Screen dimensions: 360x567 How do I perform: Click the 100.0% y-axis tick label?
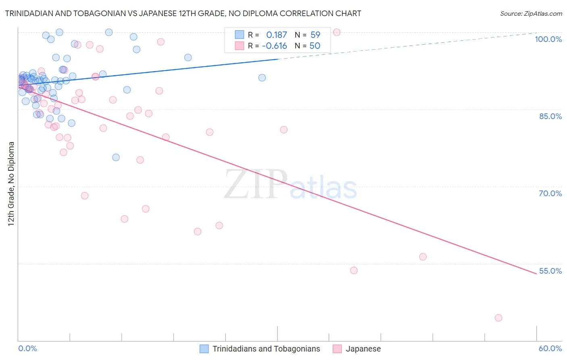548,39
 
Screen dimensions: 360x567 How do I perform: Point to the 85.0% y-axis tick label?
550,116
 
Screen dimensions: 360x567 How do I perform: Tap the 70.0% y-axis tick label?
550,193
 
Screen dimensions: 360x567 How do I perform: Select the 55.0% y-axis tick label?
550,271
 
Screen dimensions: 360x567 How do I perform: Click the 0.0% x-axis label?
27,348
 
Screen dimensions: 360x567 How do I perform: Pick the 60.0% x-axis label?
550,348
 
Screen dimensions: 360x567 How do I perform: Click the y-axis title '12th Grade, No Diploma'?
11,184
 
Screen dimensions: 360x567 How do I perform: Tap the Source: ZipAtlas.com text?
531,14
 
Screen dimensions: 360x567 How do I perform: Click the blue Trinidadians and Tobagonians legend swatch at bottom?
204,349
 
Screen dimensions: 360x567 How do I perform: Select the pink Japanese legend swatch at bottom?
337,349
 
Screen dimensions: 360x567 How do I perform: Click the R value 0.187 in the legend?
276,35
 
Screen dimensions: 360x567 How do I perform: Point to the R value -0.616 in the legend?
274,46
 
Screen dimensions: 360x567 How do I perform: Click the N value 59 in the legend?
315,35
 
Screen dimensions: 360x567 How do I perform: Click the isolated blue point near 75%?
116,157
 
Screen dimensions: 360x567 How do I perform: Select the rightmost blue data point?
262,77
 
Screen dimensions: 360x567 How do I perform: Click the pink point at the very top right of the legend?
337,32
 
